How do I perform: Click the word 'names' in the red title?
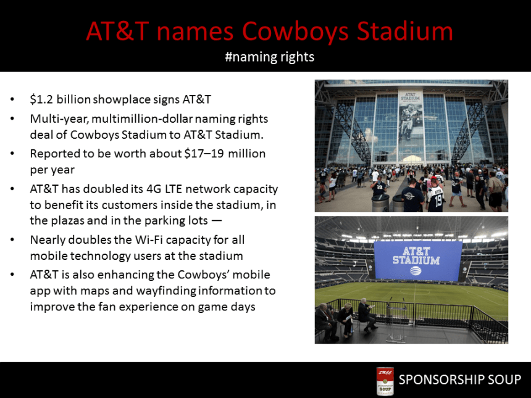[x=197, y=31]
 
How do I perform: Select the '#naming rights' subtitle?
[x=269, y=57]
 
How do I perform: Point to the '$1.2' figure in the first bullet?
[x=41, y=99]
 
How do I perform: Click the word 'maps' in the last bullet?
[x=126, y=290]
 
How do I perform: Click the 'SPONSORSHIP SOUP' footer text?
[x=460, y=380]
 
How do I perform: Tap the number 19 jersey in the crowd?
[x=436, y=197]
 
